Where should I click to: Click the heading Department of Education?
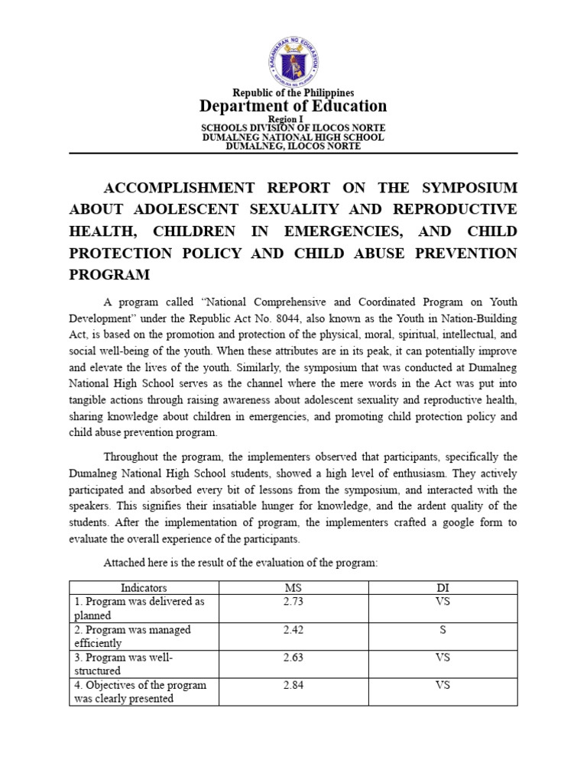[293, 106]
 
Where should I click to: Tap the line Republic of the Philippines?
[293, 92]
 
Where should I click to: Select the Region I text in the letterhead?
[293, 119]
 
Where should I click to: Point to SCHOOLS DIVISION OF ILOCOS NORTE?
[293, 128]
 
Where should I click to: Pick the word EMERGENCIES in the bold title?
[392, 231]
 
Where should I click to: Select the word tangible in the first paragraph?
[95, 401]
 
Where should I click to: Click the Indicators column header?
[144, 588]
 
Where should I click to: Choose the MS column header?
[293, 588]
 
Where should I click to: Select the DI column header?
[443, 588]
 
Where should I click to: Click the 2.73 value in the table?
[293, 602]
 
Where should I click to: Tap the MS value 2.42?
[293, 630]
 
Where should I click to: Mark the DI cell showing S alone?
[443, 630]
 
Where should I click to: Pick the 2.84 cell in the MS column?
[293, 685]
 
